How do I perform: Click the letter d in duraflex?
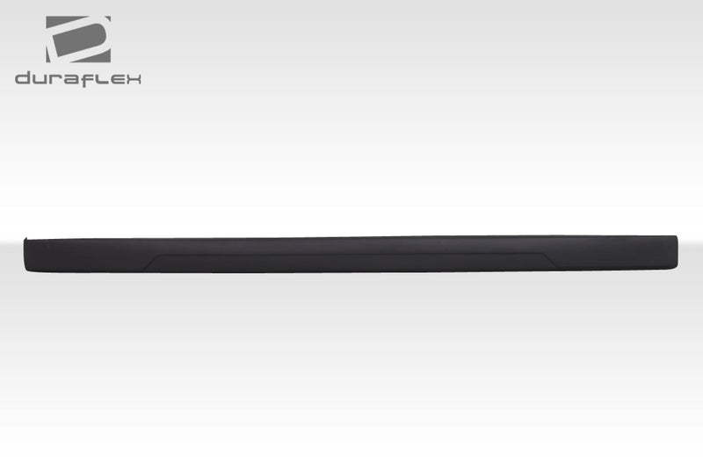[x=24, y=79]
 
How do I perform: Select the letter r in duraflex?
[x=55, y=79]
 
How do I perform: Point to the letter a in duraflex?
[x=71, y=79]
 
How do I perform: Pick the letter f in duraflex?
[x=88, y=78]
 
